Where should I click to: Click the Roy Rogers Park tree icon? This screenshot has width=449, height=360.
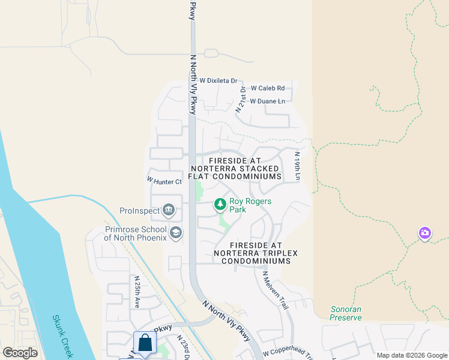[220, 205]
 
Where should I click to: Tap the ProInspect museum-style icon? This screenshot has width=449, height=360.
[169, 210]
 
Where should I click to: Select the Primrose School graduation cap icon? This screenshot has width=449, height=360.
[176, 232]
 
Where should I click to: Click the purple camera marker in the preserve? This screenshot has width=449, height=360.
[425, 233]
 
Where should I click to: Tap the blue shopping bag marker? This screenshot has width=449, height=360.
[145, 344]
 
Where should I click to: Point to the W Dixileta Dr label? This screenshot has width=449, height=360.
[219, 80]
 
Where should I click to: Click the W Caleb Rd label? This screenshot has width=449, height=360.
[267, 88]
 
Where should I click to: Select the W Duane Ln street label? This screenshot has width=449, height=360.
[267, 101]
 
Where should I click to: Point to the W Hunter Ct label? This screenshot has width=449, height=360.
[164, 181]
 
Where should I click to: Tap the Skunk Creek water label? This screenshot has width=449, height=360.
[62, 337]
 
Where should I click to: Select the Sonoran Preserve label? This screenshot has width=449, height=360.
[346, 313]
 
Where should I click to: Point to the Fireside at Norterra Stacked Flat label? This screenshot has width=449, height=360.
[235, 169]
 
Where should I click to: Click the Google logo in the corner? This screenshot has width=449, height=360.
[20, 353]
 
